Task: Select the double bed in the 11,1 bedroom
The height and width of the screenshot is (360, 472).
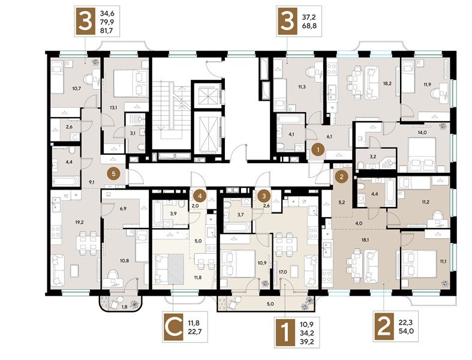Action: (x=421, y=262)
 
